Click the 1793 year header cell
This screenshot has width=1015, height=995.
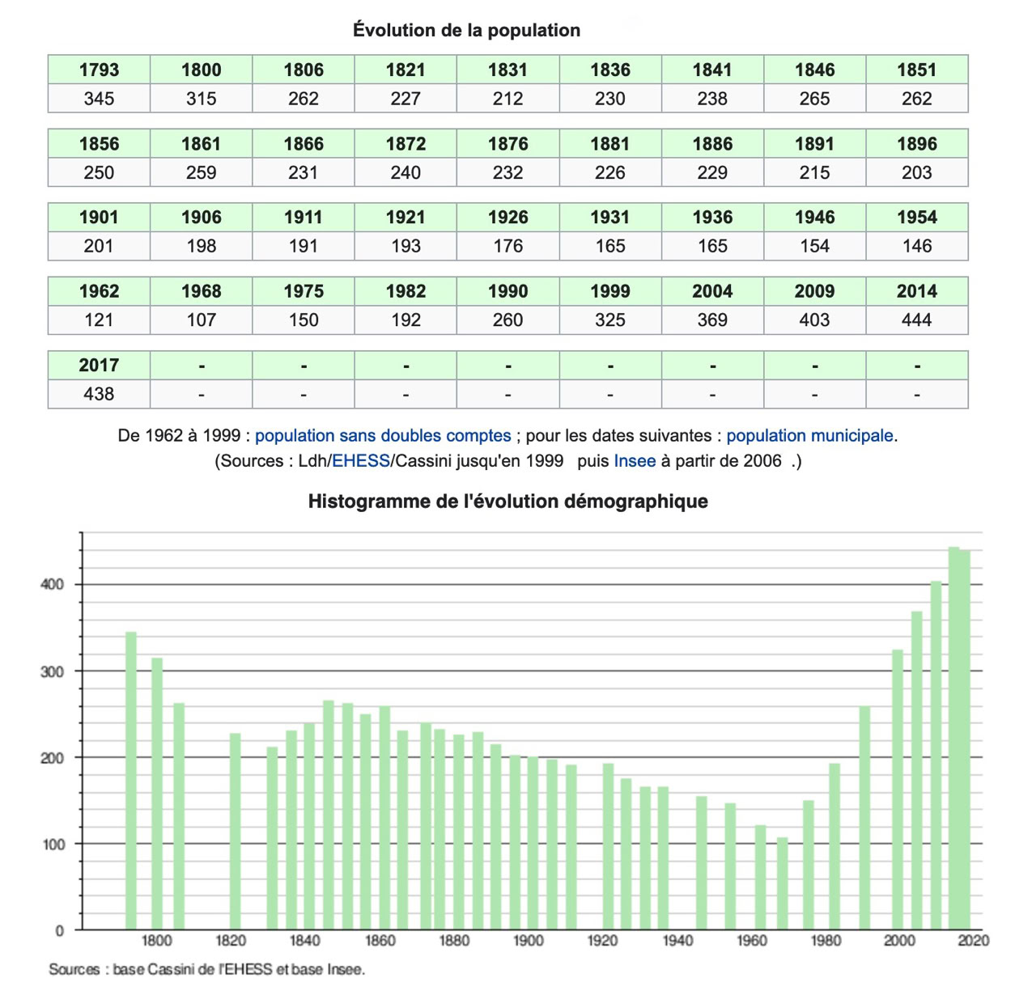[x=99, y=70]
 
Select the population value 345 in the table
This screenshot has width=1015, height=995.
[x=99, y=99]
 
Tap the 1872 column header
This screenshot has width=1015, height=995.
[x=406, y=144]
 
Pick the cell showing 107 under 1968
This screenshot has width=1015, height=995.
[x=201, y=320]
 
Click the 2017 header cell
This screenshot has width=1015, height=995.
[x=99, y=365]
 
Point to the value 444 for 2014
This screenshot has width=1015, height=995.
[x=916, y=320]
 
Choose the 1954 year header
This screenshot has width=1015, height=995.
[x=916, y=218]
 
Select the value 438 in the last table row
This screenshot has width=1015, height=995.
[x=99, y=394]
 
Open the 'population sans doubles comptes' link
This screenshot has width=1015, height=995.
[x=383, y=436]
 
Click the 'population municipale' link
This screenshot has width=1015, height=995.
[x=809, y=436]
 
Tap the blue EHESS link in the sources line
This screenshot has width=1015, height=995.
[x=361, y=461]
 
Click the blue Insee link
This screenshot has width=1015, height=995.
[x=635, y=461]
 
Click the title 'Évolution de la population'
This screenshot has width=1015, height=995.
[x=466, y=31]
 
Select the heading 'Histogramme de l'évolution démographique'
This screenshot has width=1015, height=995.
[x=507, y=502]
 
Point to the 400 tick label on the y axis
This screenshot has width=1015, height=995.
[x=53, y=585]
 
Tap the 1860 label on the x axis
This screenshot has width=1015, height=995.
[x=380, y=941]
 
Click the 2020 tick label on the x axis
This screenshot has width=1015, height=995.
[x=974, y=941]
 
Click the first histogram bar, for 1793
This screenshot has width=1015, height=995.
[x=131, y=781]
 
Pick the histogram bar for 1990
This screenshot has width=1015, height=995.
[x=864, y=817]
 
